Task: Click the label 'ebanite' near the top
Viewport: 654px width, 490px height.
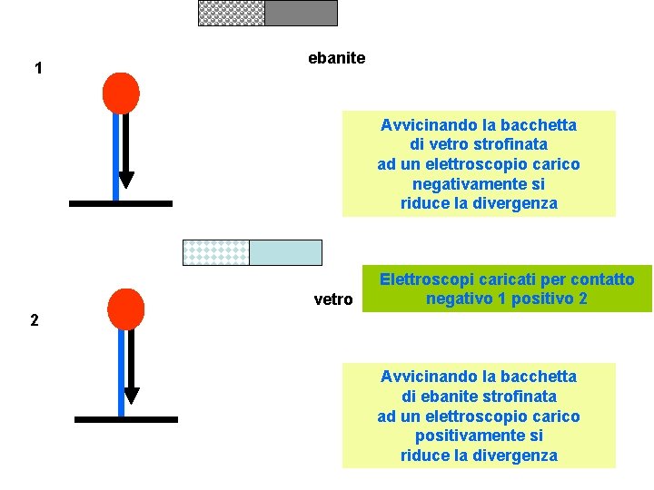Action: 336,58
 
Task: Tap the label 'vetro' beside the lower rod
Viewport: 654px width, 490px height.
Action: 332,299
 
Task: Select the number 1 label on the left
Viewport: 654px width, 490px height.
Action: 38,68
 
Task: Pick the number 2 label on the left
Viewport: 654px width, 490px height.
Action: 34,319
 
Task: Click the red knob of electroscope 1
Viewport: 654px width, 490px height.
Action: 121,93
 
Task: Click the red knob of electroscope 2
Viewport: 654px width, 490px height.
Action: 125,309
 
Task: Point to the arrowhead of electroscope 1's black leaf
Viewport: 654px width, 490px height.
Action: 126,180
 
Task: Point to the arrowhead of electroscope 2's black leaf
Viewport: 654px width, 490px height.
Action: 131,395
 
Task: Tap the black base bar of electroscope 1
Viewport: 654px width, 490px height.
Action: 120,203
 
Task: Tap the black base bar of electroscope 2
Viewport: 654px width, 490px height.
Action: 125,419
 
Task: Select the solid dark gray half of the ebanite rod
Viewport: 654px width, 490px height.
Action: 301,13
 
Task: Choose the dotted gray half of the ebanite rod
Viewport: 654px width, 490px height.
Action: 232,13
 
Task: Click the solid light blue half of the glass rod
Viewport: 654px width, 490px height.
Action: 285,252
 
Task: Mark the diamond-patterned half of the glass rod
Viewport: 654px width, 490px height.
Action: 216,252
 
